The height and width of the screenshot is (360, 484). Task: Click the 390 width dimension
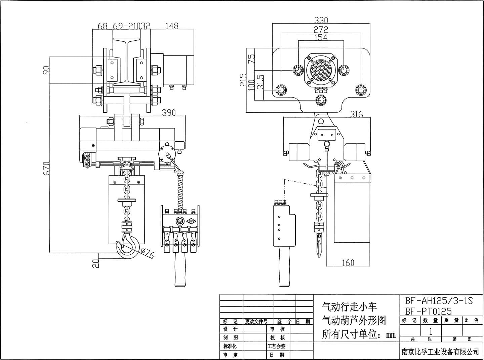169,113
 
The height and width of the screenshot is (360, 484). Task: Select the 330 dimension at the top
321,21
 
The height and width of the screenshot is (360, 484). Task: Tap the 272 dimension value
321,29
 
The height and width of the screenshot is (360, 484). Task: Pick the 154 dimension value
321,37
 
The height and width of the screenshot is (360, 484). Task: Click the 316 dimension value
356,114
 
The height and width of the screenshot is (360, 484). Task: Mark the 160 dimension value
348,262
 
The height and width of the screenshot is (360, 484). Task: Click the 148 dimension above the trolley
172,26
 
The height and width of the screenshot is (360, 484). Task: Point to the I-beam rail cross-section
127,61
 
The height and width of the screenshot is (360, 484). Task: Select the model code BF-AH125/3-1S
439,301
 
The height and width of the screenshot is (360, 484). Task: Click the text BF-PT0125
428,311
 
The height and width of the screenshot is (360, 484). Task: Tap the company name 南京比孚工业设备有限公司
440,352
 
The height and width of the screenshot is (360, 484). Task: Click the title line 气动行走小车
350,307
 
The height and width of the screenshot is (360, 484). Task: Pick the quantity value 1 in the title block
431,331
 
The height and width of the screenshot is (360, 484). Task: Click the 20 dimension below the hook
96,262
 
